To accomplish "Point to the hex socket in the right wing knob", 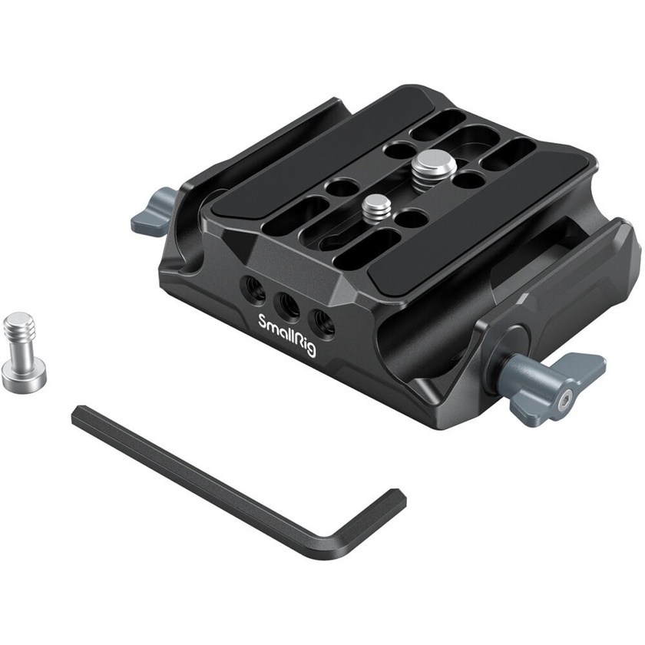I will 564,399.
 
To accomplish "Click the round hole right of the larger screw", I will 469,180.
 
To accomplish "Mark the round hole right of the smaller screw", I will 412,219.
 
